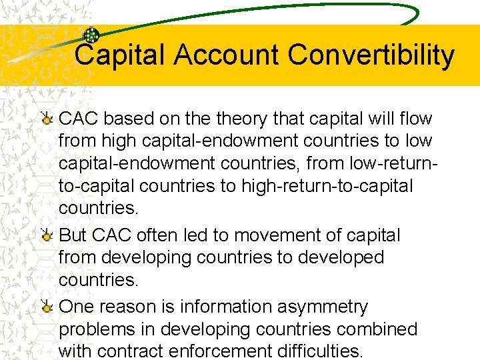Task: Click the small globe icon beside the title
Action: (91, 35)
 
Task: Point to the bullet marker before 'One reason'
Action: (47, 307)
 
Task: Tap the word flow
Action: (417, 119)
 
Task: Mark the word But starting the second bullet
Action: (73, 235)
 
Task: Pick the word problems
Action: (97, 329)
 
